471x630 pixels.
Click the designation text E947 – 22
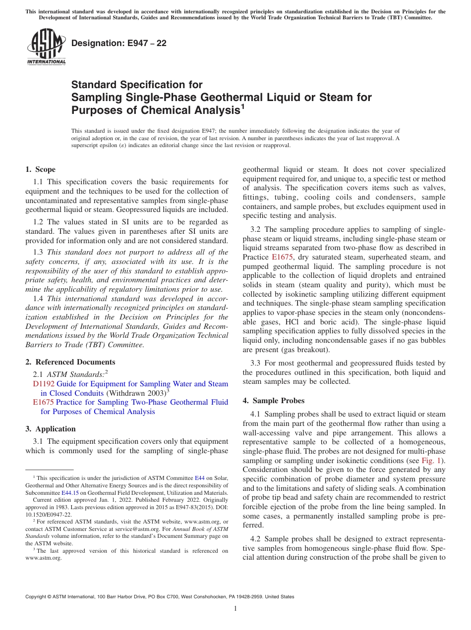click(x=119, y=44)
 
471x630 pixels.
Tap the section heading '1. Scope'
click(x=41, y=169)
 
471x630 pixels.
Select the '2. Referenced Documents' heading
click(x=70, y=362)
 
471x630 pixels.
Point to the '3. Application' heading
click(x=51, y=429)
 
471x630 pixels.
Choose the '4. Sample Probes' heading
click(x=274, y=401)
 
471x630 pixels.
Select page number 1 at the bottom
click(x=235, y=609)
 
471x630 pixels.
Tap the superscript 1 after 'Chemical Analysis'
click(x=242, y=105)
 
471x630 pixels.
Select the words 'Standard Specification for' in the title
click(x=137, y=85)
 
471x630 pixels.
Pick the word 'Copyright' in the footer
click(x=37, y=597)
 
